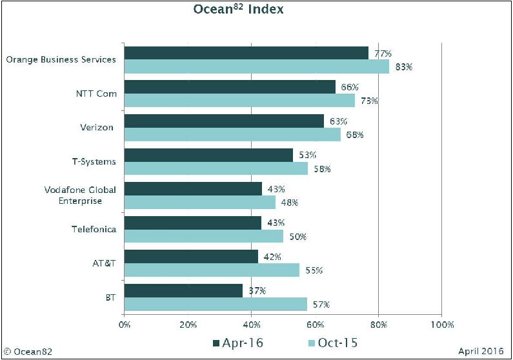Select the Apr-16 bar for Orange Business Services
pos(246,53)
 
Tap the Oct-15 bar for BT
pos(216,304)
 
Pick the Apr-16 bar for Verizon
pos(224,121)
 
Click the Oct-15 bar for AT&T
pos(212,270)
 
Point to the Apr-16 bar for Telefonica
pos(192,223)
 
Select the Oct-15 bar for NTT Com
pos(239,101)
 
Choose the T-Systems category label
pos(94,161)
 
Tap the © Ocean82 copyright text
pos(28,352)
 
